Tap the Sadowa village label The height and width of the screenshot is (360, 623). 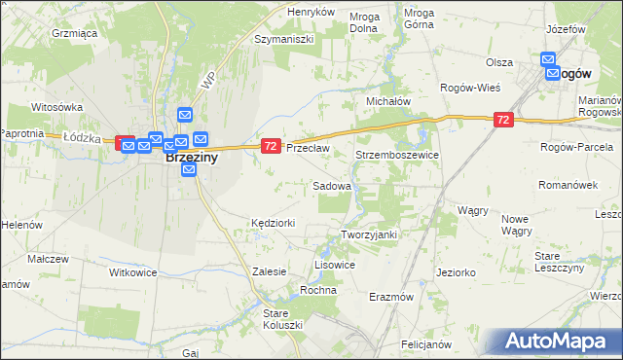[x=332, y=185]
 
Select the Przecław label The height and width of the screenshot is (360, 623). [x=309, y=148]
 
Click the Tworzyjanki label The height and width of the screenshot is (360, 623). [x=371, y=234]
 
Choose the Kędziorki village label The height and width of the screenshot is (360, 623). [x=273, y=223]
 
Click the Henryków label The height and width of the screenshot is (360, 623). [x=311, y=12]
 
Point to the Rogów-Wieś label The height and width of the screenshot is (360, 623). [x=470, y=88]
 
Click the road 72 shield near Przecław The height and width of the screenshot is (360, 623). [x=271, y=146]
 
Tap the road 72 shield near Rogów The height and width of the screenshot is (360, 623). [x=502, y=120]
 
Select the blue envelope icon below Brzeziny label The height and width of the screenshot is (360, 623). [x=190, y=169]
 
